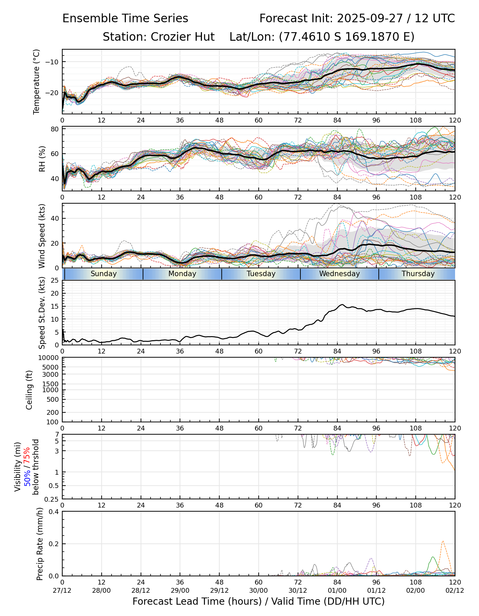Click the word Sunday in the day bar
[x=104, y=274]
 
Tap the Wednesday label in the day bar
[x=339, y=274]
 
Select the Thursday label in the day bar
[x=418, y=274]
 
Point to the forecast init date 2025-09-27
[x=370, y=18]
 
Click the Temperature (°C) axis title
[x=37, y=81]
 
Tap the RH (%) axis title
[x=42, y=159]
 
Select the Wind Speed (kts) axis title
[x=42, y=236]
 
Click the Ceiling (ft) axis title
[x=29, y=390]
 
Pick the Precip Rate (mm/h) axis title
[x=40, y=543]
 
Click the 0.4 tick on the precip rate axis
[x=54, y=512]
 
